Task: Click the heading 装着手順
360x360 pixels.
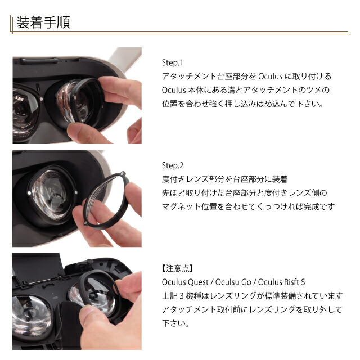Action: (x=43, y=23)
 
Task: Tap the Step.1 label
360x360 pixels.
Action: (x=173, y=62)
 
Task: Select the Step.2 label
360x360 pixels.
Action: (x=173, y=165)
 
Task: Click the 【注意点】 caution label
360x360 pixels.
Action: (x=178, y=268)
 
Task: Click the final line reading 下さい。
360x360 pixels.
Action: (x=175, y=324)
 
